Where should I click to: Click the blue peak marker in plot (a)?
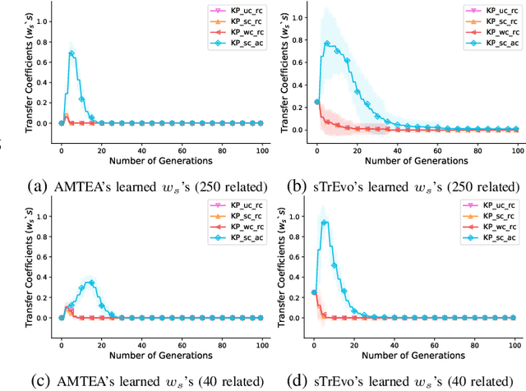72,53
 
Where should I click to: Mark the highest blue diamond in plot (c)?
91,283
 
